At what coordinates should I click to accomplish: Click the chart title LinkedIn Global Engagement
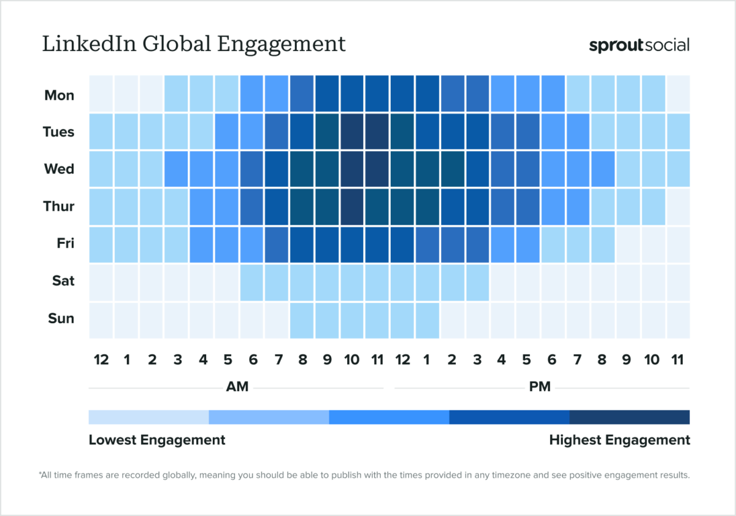[x=194, y=45]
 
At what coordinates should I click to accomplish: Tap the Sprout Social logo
[x=639, y=45]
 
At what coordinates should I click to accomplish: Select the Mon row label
[x=59, y=95]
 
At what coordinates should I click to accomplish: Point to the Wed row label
[x=59, y=169]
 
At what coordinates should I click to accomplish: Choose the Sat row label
[x=63, y=281]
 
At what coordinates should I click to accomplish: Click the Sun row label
[x=61, y=318]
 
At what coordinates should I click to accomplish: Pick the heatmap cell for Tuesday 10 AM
[x=352, y=131]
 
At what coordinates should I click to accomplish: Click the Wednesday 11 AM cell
[x=377, y=169]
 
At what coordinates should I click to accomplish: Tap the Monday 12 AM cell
[x=101, y=94]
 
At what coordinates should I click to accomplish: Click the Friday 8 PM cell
[x=602, y=244]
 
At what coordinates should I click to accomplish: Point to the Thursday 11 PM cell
[x=678, y=206]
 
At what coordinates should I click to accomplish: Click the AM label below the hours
[x=237, y=387]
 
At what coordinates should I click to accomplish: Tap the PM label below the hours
[x=540, y=387]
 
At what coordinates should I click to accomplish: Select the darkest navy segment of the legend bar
[x=629, y=417]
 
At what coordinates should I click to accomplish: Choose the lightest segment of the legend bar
[x=148, y=417]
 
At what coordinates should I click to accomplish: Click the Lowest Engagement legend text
[x=157, y=440]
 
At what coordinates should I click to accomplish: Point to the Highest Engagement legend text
[x=619, y=440]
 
